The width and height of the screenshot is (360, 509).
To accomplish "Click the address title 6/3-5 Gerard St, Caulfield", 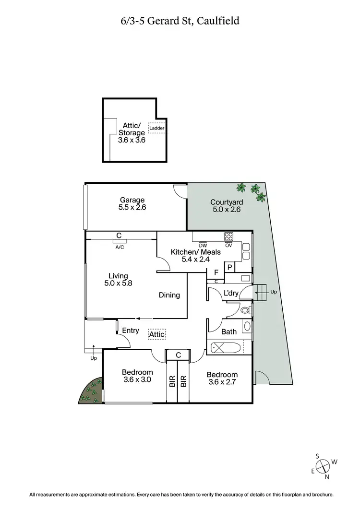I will [x=180, y=21].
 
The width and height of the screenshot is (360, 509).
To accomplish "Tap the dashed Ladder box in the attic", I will [x=156, y=128].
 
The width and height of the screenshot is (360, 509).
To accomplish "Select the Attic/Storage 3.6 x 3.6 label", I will [x=131, y=133].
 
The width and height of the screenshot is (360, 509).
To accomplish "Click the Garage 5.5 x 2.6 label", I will [x=132, y=204].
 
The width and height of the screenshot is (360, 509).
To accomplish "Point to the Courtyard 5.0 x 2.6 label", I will [x=227, y=206].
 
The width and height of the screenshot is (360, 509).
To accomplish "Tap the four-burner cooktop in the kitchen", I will [x=228, y=237].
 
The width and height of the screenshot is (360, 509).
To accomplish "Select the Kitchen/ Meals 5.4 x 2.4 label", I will [x=195, y=256].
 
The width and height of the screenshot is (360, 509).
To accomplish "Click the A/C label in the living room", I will [x=119, y=248].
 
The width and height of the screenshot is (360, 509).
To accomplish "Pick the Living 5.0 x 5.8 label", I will [x=118, y=279].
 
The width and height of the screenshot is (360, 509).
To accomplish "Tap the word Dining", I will [x=169, y=295].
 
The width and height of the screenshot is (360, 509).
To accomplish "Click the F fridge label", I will [x=216, y=272].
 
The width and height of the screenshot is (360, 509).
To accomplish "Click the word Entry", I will [x=131, y=331].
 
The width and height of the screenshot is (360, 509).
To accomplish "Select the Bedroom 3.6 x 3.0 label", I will [x=137, y=376].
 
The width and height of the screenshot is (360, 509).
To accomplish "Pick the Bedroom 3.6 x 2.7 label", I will [x=222, y=379].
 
